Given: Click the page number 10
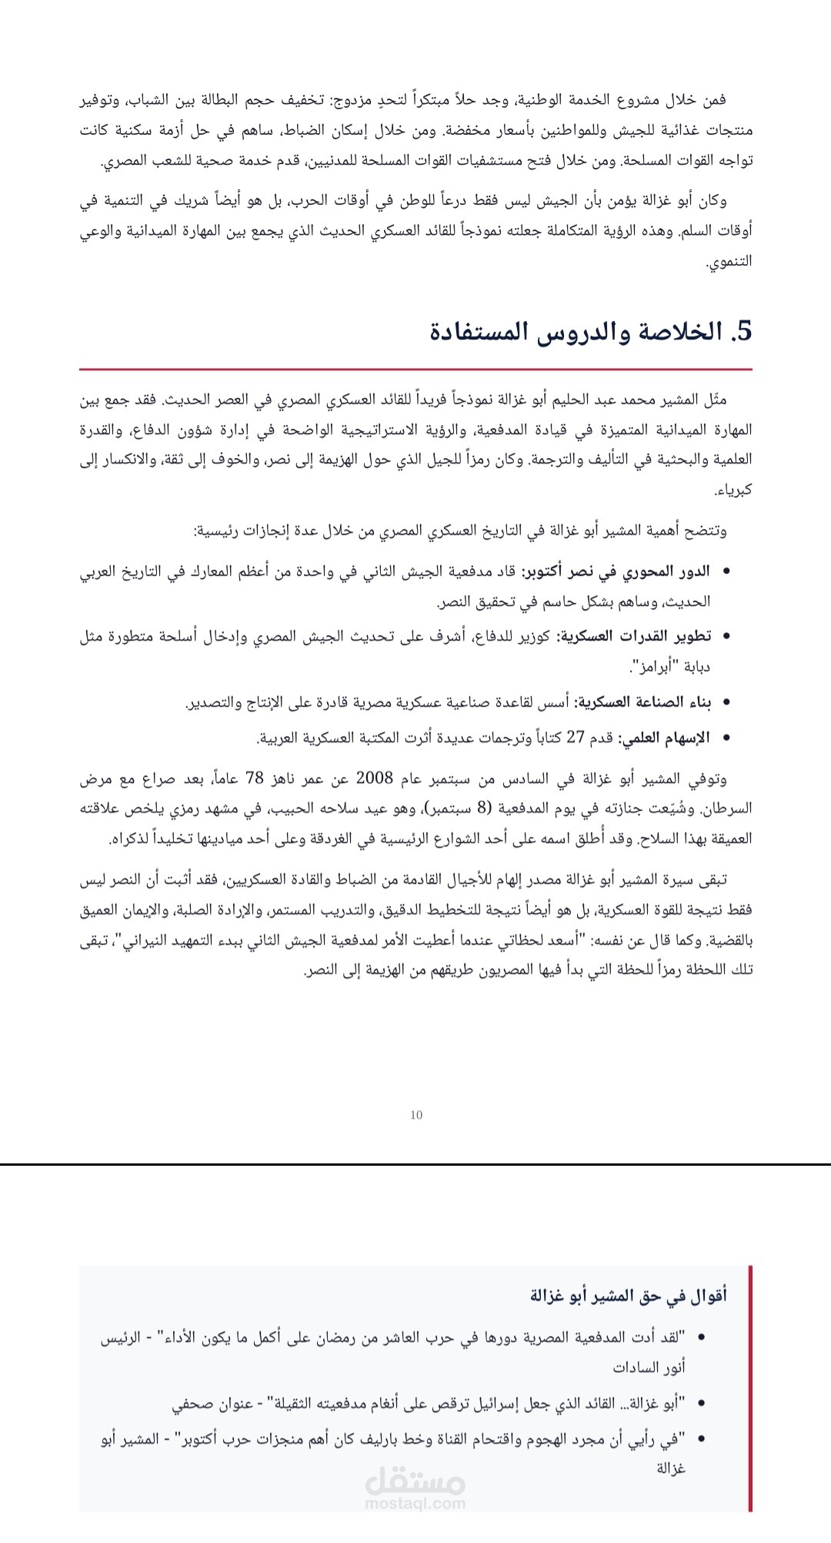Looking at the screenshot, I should [416, 1115].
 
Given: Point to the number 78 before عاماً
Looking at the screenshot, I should [255, 778].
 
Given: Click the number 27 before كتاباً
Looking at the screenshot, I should [576, 737].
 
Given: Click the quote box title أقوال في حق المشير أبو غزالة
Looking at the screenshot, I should [628, 1296].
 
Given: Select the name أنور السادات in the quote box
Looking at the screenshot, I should [649, 1367].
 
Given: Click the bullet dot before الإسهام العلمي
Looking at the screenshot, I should [727, 738].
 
